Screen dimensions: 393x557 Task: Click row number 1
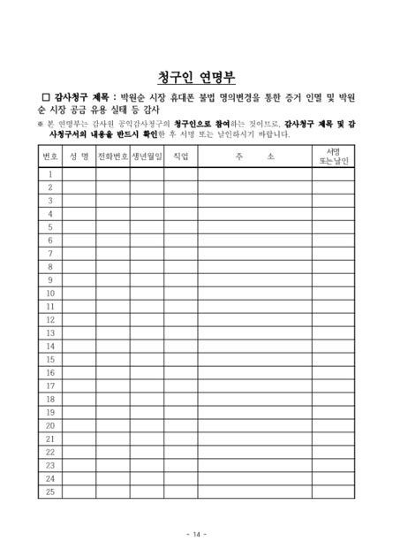tap(50, 174)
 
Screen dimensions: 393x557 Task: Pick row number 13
tap(50, 333)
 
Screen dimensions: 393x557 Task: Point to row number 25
tap(50, 492)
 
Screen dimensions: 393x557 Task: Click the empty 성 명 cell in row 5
tap(79, 227)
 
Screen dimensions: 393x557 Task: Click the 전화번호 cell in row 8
tap(113, 267)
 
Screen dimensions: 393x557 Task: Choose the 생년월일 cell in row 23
tap(147, 465)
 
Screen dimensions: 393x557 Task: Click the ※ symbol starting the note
tap(40, 124)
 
